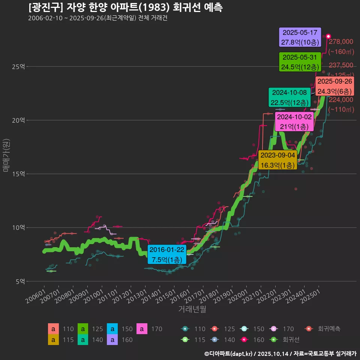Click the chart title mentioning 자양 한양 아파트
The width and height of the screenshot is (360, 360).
coord(125,7)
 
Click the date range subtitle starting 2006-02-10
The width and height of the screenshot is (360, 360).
coord(97,18)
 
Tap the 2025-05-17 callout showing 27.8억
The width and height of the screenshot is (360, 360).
coord(300,37)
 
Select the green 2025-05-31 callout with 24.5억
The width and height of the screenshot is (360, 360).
coord(300,62)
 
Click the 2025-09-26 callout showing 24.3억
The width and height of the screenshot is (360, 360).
coord(334,86)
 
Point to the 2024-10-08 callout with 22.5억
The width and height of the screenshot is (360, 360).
coord(289,97)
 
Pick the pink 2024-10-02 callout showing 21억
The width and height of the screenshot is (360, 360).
coord(294,121)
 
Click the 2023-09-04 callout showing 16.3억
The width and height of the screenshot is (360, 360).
coord(278,160)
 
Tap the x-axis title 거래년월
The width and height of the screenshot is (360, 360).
coord(192,309)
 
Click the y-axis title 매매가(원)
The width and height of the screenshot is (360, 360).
coord(6,155)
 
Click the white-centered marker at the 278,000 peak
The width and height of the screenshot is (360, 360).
coord(328,36)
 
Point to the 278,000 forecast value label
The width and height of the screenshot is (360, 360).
coord(341,42)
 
